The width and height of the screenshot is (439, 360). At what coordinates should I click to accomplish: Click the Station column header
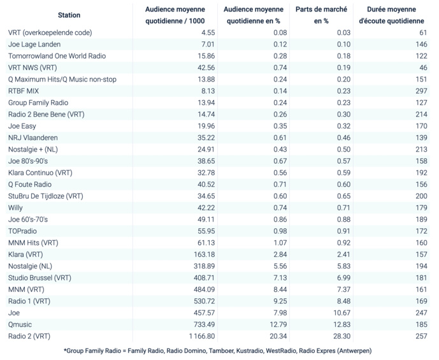(69, 15)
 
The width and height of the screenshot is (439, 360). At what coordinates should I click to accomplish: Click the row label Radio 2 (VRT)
(29, 336)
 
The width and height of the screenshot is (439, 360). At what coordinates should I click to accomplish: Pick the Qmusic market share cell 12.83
(342, 324)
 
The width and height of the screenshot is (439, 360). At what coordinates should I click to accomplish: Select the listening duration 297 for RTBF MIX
(421, 91)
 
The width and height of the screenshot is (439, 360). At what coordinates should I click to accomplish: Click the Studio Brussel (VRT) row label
(40, 278)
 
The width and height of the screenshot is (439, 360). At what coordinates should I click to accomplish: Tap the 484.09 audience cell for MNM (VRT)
(202, 289)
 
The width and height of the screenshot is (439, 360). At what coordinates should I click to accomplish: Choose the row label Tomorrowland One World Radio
(57, 56)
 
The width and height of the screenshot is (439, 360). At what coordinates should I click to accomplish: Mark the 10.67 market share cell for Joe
(342, 313)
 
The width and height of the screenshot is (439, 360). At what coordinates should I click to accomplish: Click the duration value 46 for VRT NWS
(422, 68)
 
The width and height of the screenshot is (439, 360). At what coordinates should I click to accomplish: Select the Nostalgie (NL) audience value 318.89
(202, 266)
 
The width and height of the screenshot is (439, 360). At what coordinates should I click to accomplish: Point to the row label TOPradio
(23, 231)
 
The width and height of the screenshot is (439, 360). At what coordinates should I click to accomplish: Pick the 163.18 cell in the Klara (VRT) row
(202, 254)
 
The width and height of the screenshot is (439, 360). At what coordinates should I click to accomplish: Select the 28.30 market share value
(342, 336)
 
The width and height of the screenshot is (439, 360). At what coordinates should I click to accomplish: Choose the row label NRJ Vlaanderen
(33, 138)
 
